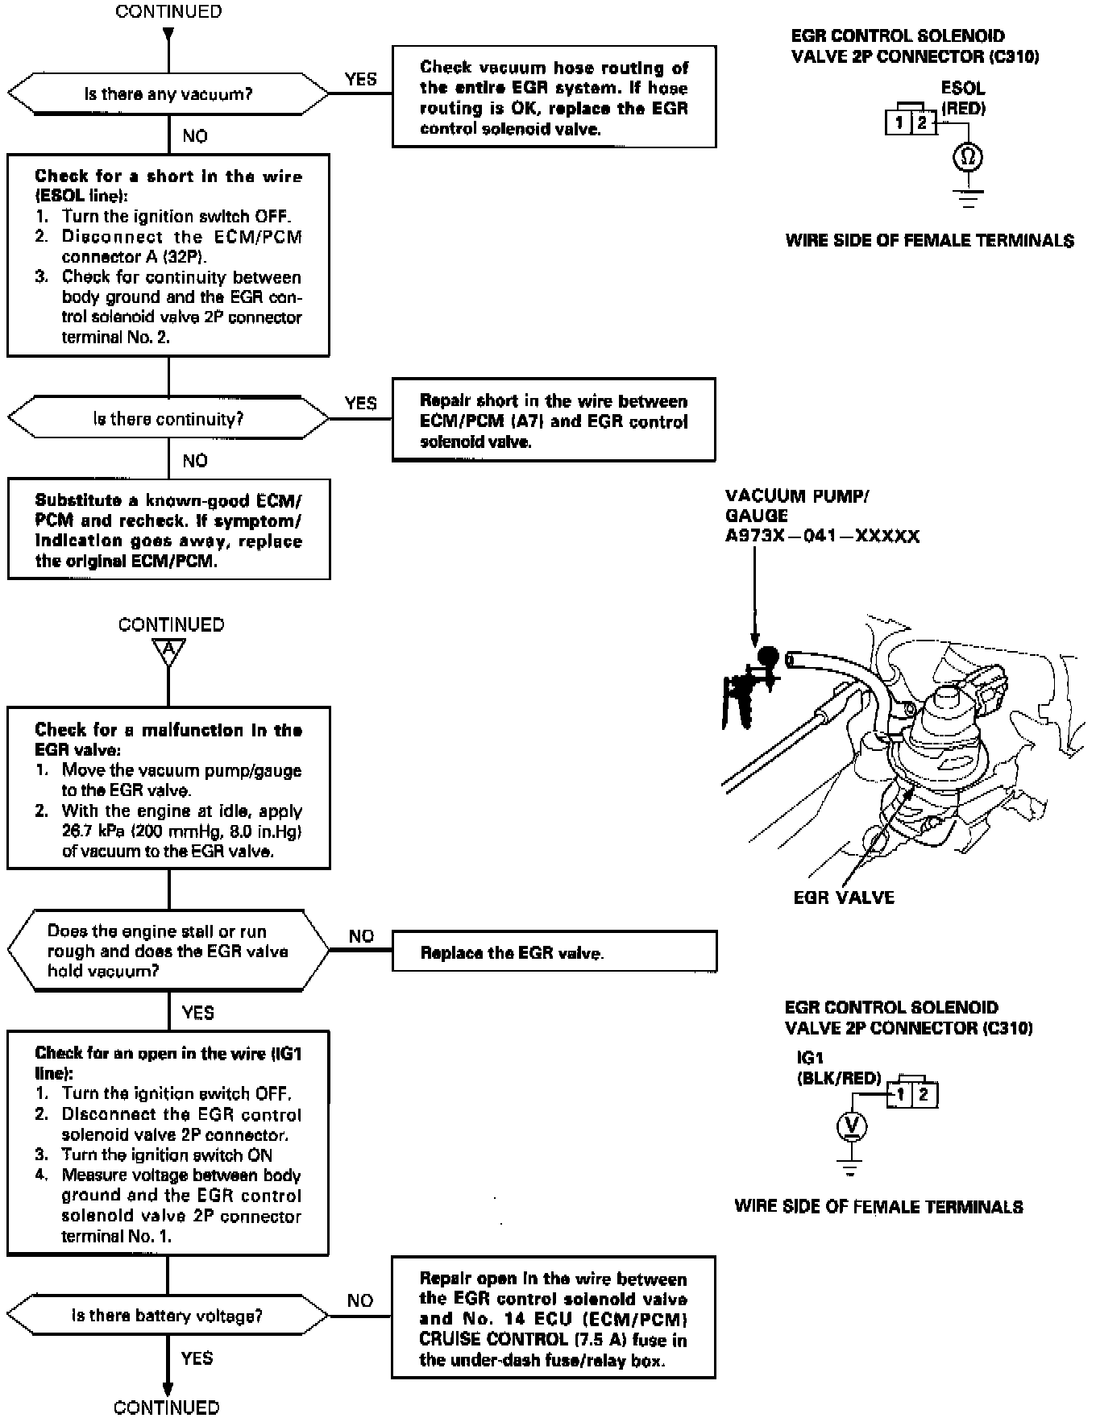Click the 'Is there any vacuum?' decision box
(x=168, y=94)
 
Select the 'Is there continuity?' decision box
(x=168, y=419)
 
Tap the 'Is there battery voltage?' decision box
(x=168, y=1316)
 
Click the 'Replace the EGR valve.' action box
(x=554, y=952)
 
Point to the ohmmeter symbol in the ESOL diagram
(x=968, y=156)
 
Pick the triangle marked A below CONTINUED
(x=168, y=651)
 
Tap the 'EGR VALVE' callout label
(x=844, y=898)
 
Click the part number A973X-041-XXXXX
(x=822, y=537)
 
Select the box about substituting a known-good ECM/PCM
(x=168, y=529)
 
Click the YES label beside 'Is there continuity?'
(x=360, y=403)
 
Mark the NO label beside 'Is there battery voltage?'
(x=360, y=1300)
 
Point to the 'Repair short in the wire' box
(x=554, y=420)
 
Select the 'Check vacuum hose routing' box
(x=554, y=97)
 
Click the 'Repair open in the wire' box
(x=554, y=1318)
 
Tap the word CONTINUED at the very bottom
(x=167, y=1407)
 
